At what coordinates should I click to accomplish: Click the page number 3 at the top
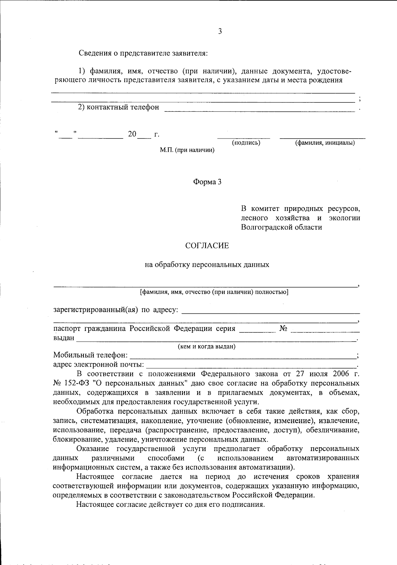click(220, 31)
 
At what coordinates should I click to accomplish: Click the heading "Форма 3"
click(207, 182)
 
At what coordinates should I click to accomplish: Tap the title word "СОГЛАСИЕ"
click(207, 246)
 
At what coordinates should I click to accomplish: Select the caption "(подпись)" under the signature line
click(246, 142)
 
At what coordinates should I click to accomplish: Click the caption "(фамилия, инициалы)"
click(325, 142)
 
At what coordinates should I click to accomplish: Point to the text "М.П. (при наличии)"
click(187, 150)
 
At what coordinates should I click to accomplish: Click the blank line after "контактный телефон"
click(259, 108)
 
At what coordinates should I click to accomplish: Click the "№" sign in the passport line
click(283, 329)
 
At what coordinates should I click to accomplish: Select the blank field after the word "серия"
click(257, 329)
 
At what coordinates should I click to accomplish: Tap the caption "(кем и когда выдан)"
click(207, 346)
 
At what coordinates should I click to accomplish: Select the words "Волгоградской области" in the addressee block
click(281, 227)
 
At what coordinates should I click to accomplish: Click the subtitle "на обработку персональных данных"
click(207, 264)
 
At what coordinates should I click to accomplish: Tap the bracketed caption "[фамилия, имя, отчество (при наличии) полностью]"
click(214, 292)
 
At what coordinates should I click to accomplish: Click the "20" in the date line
click(132, 134)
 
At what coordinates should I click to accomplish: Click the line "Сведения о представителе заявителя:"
click(143, 53)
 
